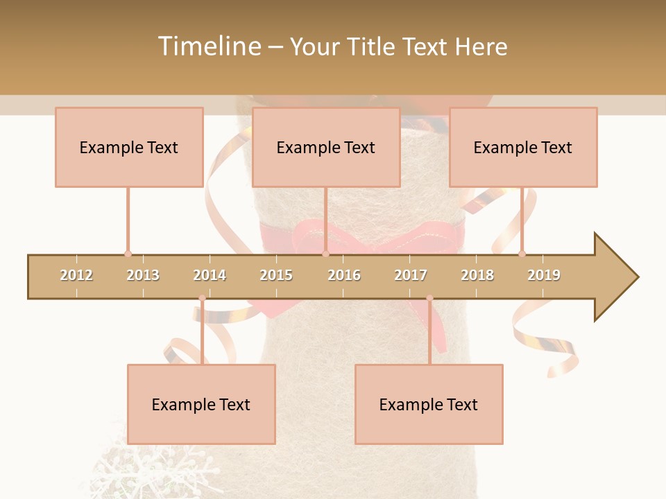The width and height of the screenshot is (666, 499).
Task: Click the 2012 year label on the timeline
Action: pyautogui.click(x=76, y=275)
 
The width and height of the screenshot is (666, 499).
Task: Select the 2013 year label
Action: pyautogui.click(x=143, y=275)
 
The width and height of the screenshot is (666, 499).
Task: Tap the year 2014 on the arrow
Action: pyautogui.click(x=210, y=275)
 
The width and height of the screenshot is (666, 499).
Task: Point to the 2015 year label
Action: pyautogui.click(x=276, y=275)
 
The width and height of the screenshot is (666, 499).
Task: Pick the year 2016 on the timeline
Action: pyautogui.click(x=344, y=275)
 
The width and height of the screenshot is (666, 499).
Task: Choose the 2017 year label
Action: pyautogui.click(x=411, y=275)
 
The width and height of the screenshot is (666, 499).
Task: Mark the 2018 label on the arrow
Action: pyautogui.click(x=477, y=275)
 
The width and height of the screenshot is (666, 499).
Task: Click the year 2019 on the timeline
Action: pyautogui.click(x=544, y=275)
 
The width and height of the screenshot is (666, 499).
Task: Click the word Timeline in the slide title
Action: pyautogui.click(x=208, y=46)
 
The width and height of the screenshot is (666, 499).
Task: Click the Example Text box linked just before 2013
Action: pyautogui.click(x=129, y=147)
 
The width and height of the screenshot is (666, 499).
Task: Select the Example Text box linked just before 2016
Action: pyautogui.click(x=326, y=147)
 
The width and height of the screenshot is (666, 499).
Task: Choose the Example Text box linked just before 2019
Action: pyautogui.click(x=523, y=147)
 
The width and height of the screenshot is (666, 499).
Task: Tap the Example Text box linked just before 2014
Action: pyautogui.click(x=201, y=404)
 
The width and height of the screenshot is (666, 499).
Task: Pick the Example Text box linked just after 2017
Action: pyautogui.click(x=429, y=404)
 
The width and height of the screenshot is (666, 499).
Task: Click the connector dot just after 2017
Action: pyautogui.click(x=429, y=298)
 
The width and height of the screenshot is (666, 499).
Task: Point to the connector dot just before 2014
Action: pyautogui.click(x=202, y=298)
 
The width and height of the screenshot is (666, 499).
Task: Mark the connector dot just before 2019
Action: pyautogui.click(x=522, y=254)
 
